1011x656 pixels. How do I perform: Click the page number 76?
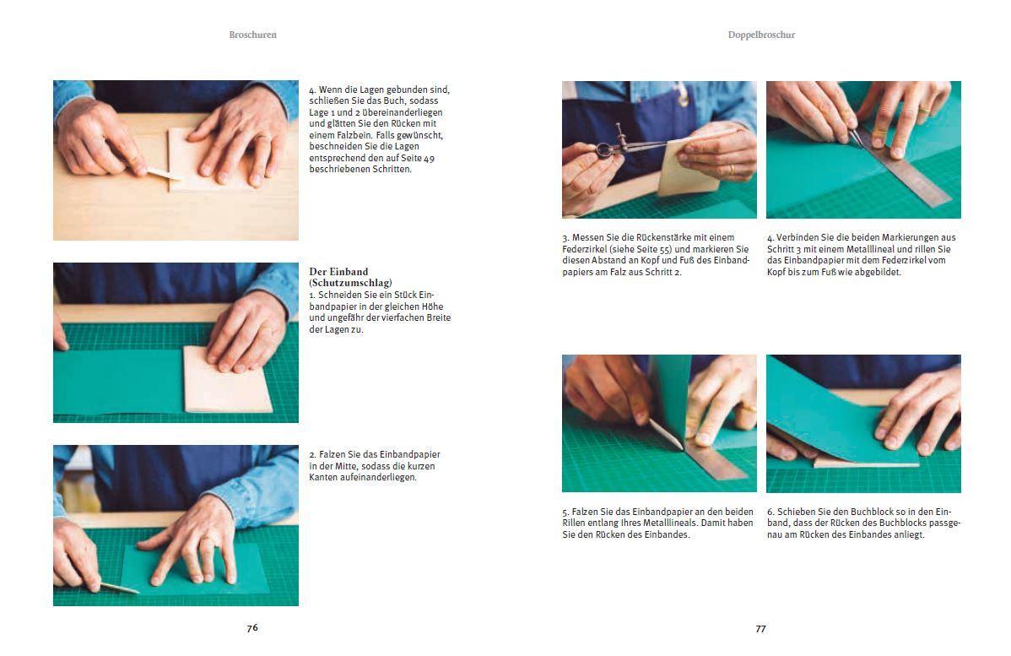click(252, 627)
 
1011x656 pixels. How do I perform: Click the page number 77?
click(761, 628)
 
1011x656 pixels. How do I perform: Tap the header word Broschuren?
click(253, 35)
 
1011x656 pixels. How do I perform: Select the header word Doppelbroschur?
click(761, 35)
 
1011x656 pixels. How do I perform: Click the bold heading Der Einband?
click(338, 272)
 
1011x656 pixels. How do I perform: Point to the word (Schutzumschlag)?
click(351, 283)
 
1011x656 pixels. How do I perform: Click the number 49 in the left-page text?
click(429, 158)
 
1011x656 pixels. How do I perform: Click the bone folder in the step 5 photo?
click(664, 434)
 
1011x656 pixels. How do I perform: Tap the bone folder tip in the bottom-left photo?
click(138, 592)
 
